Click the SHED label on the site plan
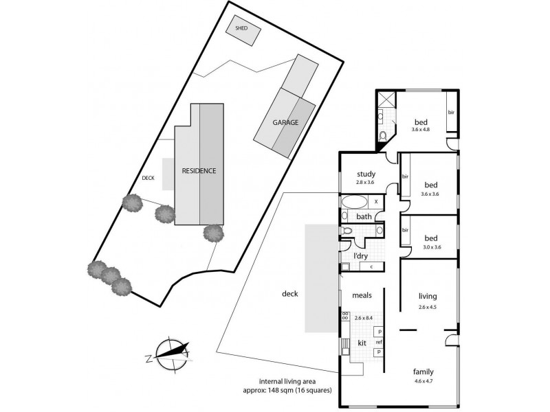241,28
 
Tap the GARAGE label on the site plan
285,122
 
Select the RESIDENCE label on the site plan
199,170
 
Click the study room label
366,174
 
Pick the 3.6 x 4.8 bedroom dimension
421,129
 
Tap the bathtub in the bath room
355,202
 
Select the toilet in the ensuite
383,136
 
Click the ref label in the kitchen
379,342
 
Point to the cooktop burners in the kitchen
345,315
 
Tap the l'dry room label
360,256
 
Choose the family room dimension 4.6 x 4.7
423,381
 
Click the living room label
428,297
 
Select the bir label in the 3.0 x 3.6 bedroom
405,230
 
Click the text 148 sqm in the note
281,390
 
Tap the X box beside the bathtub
376,202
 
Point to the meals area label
362,295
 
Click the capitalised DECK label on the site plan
148,178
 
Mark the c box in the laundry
371,266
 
